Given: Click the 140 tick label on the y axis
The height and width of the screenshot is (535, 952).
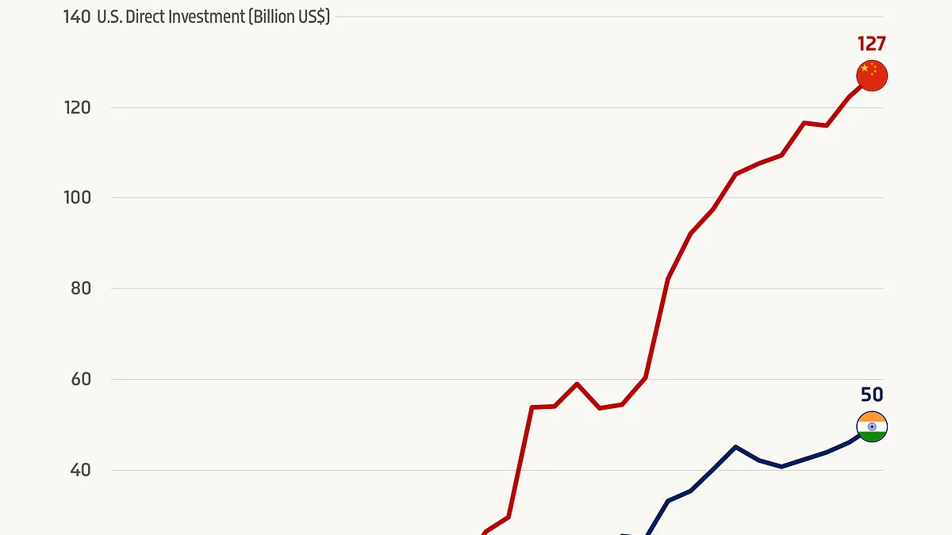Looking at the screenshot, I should (x=76, y=17).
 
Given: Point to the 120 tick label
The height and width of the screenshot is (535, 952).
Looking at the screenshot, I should (x=76, y=107).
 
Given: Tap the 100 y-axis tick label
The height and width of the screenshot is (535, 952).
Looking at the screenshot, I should (x=76, y=197).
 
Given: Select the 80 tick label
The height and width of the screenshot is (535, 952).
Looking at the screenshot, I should (x=79, y=289).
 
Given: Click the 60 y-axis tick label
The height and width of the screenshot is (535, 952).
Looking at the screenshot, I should (x=79, y=379).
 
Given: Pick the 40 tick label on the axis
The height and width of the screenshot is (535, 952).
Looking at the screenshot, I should (x=79, y=470).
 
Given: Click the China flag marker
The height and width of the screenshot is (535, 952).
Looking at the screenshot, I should (x=872, y=76).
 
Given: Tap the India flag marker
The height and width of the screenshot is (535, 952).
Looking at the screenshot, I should (x=872, y=427).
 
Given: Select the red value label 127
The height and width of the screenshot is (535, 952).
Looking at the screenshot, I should (x=871, y=44).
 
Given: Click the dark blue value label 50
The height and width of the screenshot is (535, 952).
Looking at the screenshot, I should (x=872, y=395).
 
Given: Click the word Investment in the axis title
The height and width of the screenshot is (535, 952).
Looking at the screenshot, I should (x=205, y=17).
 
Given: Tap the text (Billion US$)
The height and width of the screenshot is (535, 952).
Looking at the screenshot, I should (x=289, y=17).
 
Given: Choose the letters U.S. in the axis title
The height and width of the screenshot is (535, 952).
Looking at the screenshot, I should (x=109, y=17).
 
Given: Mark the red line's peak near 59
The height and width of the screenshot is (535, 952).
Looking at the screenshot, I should (x=577, y=384).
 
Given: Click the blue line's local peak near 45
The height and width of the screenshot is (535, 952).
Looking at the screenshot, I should (x=735, y=447).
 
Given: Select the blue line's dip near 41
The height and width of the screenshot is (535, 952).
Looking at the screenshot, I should (x=781, y=466).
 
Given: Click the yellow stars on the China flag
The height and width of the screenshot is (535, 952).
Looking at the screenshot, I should (x=867, y=70).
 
